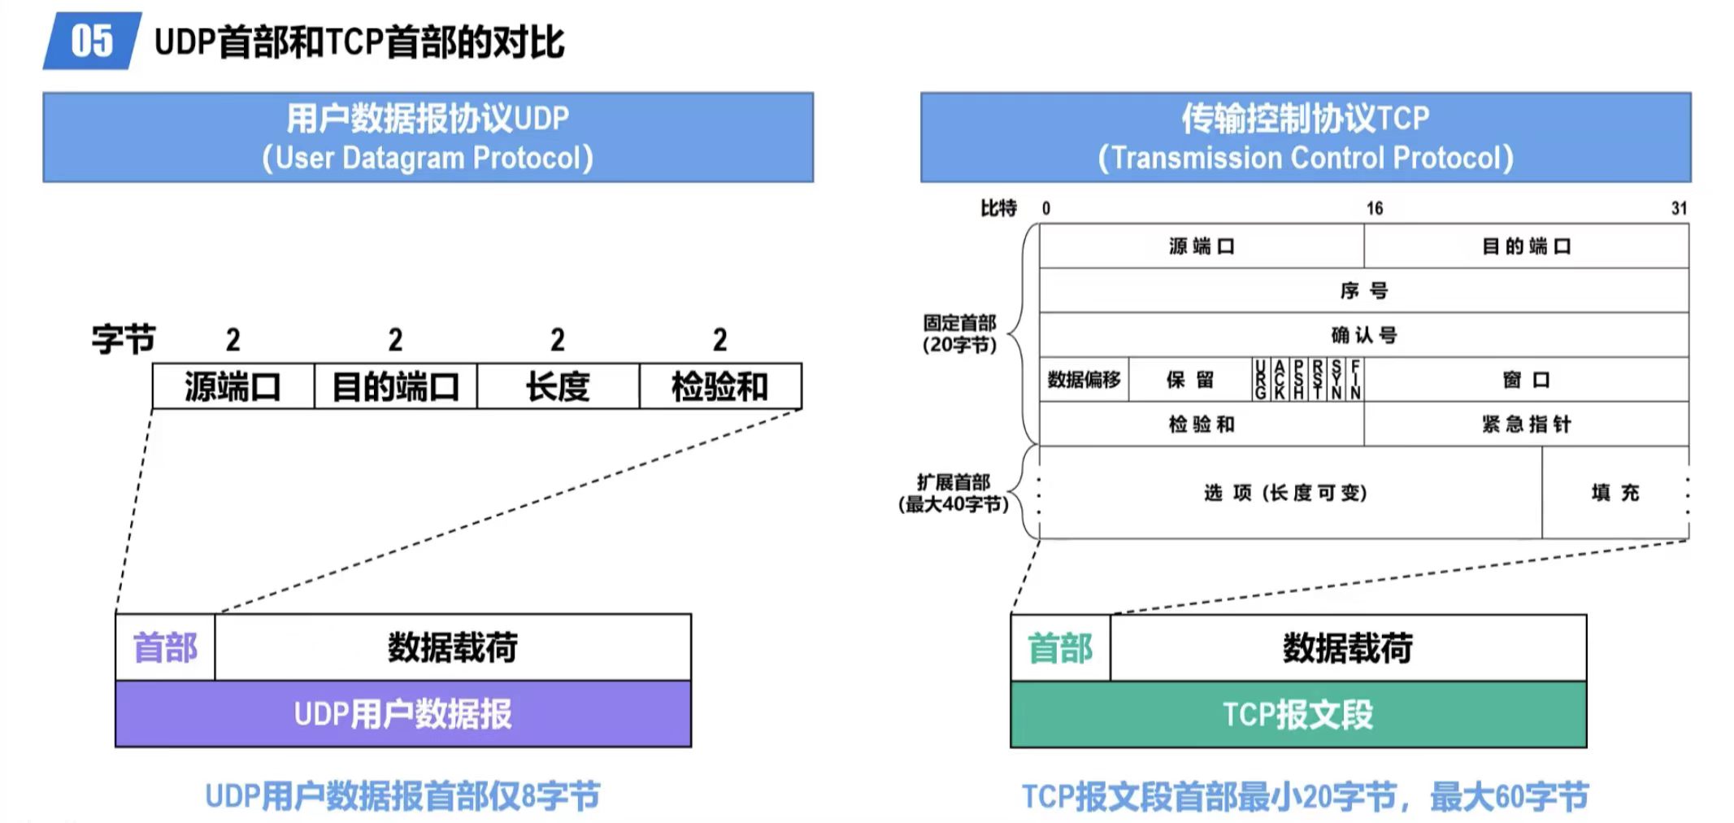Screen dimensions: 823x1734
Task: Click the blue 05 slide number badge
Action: (92, 41)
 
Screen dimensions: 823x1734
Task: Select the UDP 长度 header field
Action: (558, 386)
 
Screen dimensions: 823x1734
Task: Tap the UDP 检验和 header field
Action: (719, 386)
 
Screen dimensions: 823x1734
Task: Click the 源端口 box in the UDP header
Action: (233, 386)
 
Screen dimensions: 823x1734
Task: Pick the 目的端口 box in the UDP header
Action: (396, 386)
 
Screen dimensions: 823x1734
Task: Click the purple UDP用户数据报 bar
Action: (403, 714)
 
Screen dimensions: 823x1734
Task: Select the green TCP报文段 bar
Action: (1298, 715)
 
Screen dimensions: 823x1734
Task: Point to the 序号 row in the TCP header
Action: (1363, 290)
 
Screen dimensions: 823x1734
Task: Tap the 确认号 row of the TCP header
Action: (1363, 335)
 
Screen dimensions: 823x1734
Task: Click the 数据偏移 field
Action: (1084, 380)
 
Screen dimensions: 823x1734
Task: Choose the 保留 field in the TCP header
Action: (1189, 380)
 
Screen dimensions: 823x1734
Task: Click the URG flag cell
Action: (1260, 380)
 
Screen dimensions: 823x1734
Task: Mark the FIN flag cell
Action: (1355, 380)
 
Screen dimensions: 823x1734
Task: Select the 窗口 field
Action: (1526, 380)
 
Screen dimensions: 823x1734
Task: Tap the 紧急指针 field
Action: (1526, 424)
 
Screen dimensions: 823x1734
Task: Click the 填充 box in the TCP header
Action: (1614, 493)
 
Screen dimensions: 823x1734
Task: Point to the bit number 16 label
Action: (1374, 208)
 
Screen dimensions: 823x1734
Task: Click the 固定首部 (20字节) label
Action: (959, 333)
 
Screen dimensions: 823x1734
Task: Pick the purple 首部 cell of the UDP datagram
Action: (165, 647)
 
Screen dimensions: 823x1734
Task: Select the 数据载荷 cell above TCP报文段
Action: (1347, 648)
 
